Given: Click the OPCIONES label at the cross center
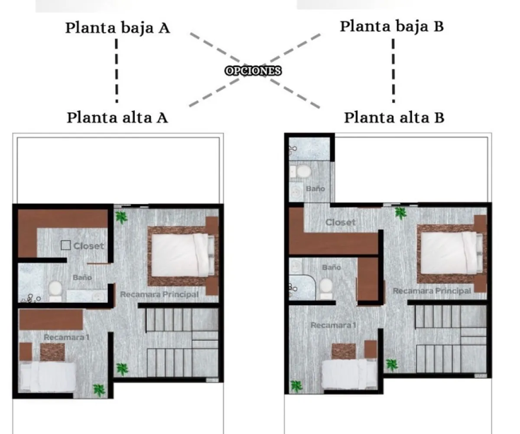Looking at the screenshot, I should (253, 71).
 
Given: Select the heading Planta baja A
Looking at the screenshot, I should (117, 28).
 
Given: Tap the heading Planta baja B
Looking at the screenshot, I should (392, 26).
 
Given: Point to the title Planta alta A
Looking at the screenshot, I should (117, 117).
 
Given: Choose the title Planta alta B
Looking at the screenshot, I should (394, 117).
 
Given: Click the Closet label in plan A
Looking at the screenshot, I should (88, 246).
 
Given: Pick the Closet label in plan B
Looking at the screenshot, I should (340, 222).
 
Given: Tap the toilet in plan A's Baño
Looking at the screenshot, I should (55, 289).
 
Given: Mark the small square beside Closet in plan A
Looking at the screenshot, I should (65, 246).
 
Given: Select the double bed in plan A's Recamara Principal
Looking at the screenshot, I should (182, 256).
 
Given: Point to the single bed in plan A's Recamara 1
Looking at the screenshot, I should (48, 376).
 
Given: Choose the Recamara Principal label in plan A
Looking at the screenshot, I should (159, 294).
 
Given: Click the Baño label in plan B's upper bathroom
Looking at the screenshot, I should (315, 189).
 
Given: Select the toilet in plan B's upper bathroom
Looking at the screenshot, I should (304, 171).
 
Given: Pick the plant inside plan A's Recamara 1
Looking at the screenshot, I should (99, 389).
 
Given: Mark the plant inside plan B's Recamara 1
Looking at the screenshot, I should (296, 385).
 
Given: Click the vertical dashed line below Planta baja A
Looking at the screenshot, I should (117, 70).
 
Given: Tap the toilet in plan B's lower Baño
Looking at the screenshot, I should (326, 288).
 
